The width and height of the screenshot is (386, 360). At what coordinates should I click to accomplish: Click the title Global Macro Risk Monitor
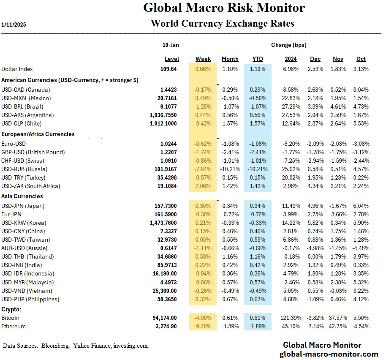click(224, 8)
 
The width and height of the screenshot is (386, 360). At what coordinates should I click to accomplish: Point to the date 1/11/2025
click(14, 25)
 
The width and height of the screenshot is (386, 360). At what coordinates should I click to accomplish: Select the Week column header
click(203, 59)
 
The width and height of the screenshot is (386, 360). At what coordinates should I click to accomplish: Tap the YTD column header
click(257, 59)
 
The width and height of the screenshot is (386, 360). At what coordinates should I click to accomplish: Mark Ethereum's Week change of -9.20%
click(203, 326)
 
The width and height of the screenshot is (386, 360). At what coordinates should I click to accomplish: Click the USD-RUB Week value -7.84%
click(203, 169)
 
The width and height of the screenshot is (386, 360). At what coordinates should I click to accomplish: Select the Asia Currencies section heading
click(22, 196)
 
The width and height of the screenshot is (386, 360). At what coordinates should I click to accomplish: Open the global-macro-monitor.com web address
click(329, 354)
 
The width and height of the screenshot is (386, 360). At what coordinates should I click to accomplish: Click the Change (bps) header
click(288, 45)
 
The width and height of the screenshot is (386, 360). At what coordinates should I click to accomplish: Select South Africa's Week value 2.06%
click(203, 186)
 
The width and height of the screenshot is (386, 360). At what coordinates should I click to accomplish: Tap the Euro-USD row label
click(14, 144)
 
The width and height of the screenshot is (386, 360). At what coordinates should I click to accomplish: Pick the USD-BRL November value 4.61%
click(338, 106)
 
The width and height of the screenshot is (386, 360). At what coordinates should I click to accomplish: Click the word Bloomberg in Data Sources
click(55, 346)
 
